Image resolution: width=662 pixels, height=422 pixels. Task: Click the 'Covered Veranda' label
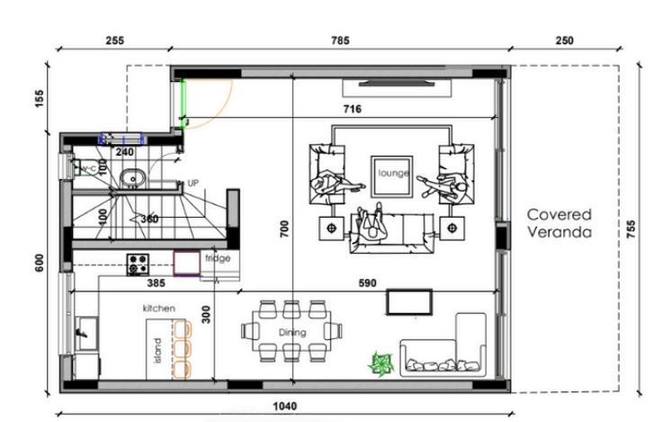[x=559, y=222]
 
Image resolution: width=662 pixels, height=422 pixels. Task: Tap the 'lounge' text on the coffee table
[x=394, y=173]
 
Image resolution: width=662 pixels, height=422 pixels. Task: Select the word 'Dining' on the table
[x=291, y=332]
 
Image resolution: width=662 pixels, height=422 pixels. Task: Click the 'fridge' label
[x=218, y=258]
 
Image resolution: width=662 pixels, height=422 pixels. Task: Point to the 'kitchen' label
[x=158, y=308]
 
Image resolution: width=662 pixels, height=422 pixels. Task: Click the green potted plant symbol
[x=380, y=364]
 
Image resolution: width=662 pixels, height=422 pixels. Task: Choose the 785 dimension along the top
[x=340, y=40]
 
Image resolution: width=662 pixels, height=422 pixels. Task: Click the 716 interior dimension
[x=352, y=109]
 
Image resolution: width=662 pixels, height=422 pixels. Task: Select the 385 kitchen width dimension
[x=154, y=282]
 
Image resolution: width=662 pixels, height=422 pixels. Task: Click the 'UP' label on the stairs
[x=192, y=183]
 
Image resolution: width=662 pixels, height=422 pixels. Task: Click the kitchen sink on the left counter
[x=85, y=331]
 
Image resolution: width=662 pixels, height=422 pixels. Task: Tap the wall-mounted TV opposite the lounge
[x=397, y=85]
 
